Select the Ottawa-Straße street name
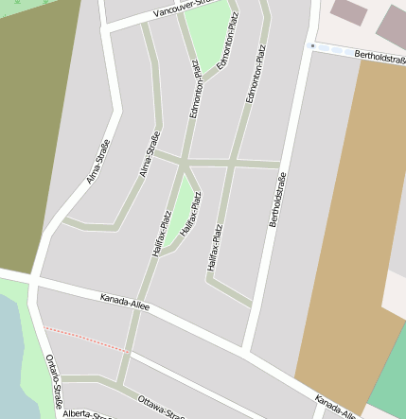160,405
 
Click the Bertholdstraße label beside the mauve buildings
380,58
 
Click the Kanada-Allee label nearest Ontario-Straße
126,304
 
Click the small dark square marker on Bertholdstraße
312,44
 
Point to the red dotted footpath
85,340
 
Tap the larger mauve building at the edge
393,26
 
